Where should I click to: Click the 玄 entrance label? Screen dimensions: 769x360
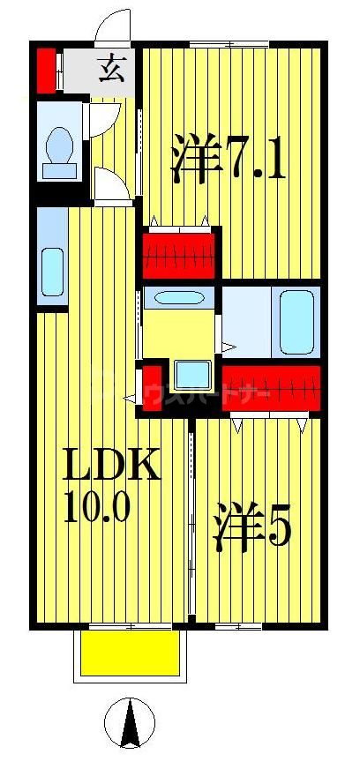click(x=110, y=68)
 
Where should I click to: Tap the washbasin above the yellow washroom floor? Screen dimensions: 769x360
click(x=179, y=297)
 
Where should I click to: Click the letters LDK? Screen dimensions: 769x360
click(x=110, y=465)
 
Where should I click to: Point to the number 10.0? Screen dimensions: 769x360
click(x=98, y=507)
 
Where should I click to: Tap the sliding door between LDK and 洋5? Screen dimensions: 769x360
click(x=191, y=520)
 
